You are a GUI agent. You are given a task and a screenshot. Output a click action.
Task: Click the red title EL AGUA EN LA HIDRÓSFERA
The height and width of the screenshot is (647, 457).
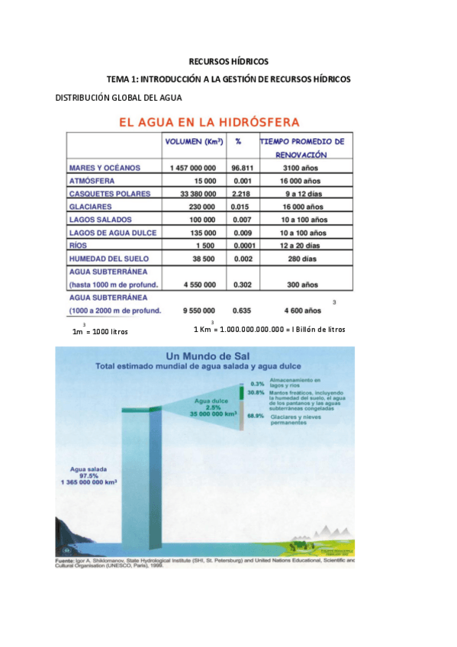tap(207, 122)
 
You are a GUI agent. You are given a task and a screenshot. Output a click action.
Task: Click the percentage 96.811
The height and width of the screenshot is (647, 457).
tap(242, 167)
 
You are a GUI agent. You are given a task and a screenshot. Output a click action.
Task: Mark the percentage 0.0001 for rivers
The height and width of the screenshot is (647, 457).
tap(242, 246)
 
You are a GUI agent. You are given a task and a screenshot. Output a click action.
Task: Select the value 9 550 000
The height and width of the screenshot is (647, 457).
tap(197, 311)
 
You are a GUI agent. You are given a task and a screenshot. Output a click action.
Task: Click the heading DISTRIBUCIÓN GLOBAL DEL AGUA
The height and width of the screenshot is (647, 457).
tap(119, 97)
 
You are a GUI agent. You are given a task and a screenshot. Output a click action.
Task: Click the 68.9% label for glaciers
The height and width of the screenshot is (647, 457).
tap(256, 417)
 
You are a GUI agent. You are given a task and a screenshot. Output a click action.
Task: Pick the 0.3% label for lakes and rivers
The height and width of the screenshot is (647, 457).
tap(256, 383)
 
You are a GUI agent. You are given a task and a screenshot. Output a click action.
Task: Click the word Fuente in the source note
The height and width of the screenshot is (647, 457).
tap(66, 562)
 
